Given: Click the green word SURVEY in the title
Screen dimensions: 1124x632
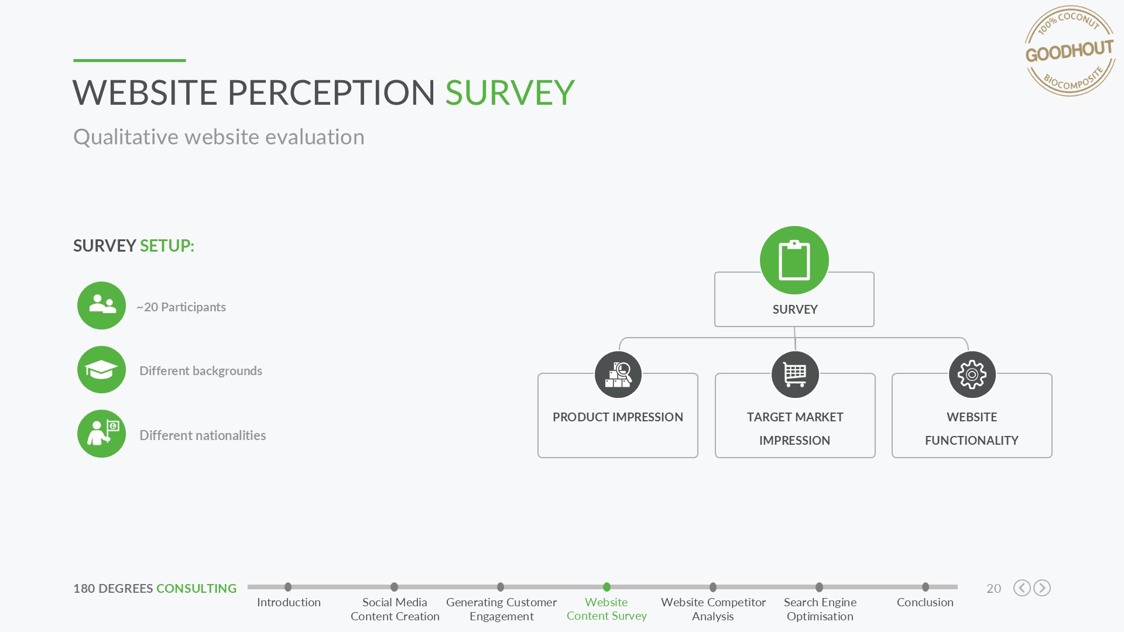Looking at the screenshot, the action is (x=510, y=92).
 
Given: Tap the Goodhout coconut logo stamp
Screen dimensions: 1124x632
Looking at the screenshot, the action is (x=1070, y=51).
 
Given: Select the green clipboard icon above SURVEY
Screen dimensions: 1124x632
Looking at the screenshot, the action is (x=794, y=260).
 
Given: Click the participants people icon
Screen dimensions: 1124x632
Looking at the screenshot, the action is (x=102, y=305).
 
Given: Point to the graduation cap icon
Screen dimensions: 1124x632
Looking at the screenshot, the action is (x=102, y=370).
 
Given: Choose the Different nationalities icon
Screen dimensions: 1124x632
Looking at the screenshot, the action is (x=102, y=434).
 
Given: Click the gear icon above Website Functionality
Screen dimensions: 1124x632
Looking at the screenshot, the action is (x=972, y=375).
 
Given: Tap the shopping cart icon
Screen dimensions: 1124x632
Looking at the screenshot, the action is (x=795, y=375).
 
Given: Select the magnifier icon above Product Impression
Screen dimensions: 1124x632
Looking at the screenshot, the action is (x=618, y=375).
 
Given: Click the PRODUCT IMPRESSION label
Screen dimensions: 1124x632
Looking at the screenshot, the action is (x=618, y=417).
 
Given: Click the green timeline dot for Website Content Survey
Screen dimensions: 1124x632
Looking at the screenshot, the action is (x=606, y=587).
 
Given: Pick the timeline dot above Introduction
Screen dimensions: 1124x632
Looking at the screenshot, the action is (x=288, y=587).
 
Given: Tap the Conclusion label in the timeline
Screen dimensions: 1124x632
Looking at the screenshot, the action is (x=925, y=602).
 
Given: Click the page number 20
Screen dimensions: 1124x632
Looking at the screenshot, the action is (x=993, y=589).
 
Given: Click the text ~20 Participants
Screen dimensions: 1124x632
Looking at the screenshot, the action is (x=181, y=307).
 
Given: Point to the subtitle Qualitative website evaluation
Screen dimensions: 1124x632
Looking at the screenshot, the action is (x=219, y=137).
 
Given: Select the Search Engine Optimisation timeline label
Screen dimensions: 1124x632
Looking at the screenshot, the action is (x=820, y=609).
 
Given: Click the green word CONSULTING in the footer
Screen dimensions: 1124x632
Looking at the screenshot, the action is (x=196, y=589).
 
